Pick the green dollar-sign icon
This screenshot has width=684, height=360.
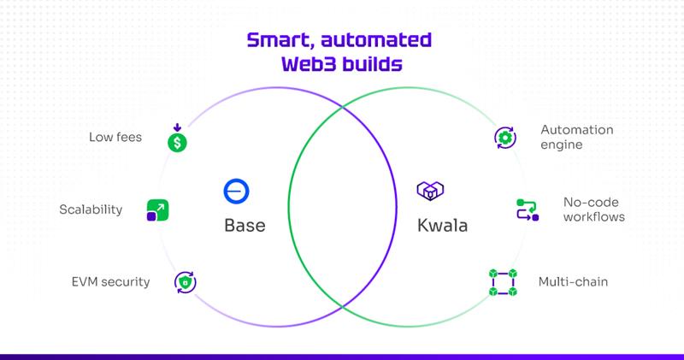tap(176, 141)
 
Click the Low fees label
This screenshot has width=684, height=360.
tap(115, 137)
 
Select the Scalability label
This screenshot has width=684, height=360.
tap(91, 210)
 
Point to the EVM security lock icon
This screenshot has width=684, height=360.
tap(185, 281)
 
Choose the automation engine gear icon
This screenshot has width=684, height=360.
tap(504, 138)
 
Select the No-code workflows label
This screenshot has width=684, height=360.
tap(593, 210)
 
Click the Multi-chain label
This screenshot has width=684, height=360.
tap(573, 281)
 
